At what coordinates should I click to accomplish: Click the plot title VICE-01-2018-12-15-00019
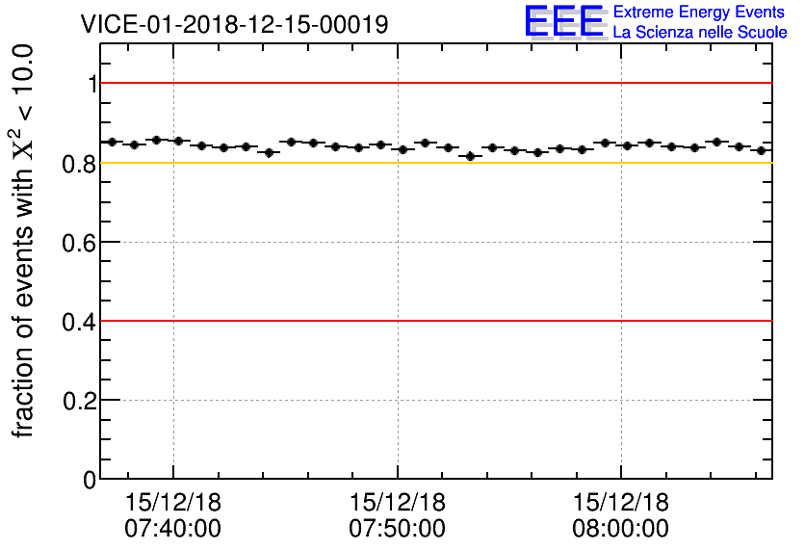click(235, 24)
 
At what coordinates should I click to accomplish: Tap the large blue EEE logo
click(564, 21)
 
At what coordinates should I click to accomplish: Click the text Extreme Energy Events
click(700, 13)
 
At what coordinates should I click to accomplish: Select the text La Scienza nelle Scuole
click(700, 33)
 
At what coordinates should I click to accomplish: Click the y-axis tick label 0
click(91, 479)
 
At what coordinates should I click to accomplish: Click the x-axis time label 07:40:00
click(173, 528)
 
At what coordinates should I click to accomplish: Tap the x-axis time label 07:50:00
click(397, 528)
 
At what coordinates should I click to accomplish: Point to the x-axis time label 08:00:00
click(620, 528)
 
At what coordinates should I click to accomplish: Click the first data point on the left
click(112, 142)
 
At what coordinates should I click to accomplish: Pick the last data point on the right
click(761, 150)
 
